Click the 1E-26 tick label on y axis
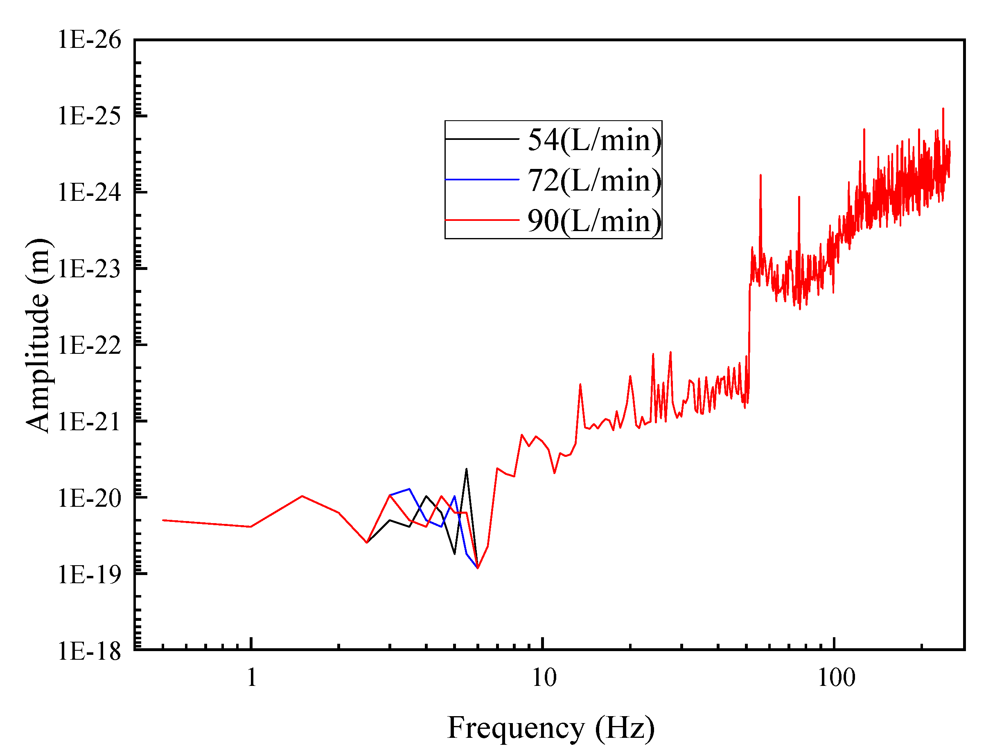(90, 40)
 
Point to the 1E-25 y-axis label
(90, 117)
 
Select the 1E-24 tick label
(90, 193)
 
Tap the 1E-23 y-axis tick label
(90, 269)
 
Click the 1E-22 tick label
(90, 346)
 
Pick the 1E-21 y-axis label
(90, 422)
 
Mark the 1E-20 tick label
(90, 499)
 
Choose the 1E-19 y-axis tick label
(90, 575)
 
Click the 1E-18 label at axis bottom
(90, 651)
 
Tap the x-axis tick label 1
(252, 677)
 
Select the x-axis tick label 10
(544, 677)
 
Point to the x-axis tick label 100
(836, 677)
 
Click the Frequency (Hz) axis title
(551, 728)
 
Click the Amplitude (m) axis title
(38, 336)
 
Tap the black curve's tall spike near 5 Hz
(467, 470)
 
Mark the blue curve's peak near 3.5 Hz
(409, 489)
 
